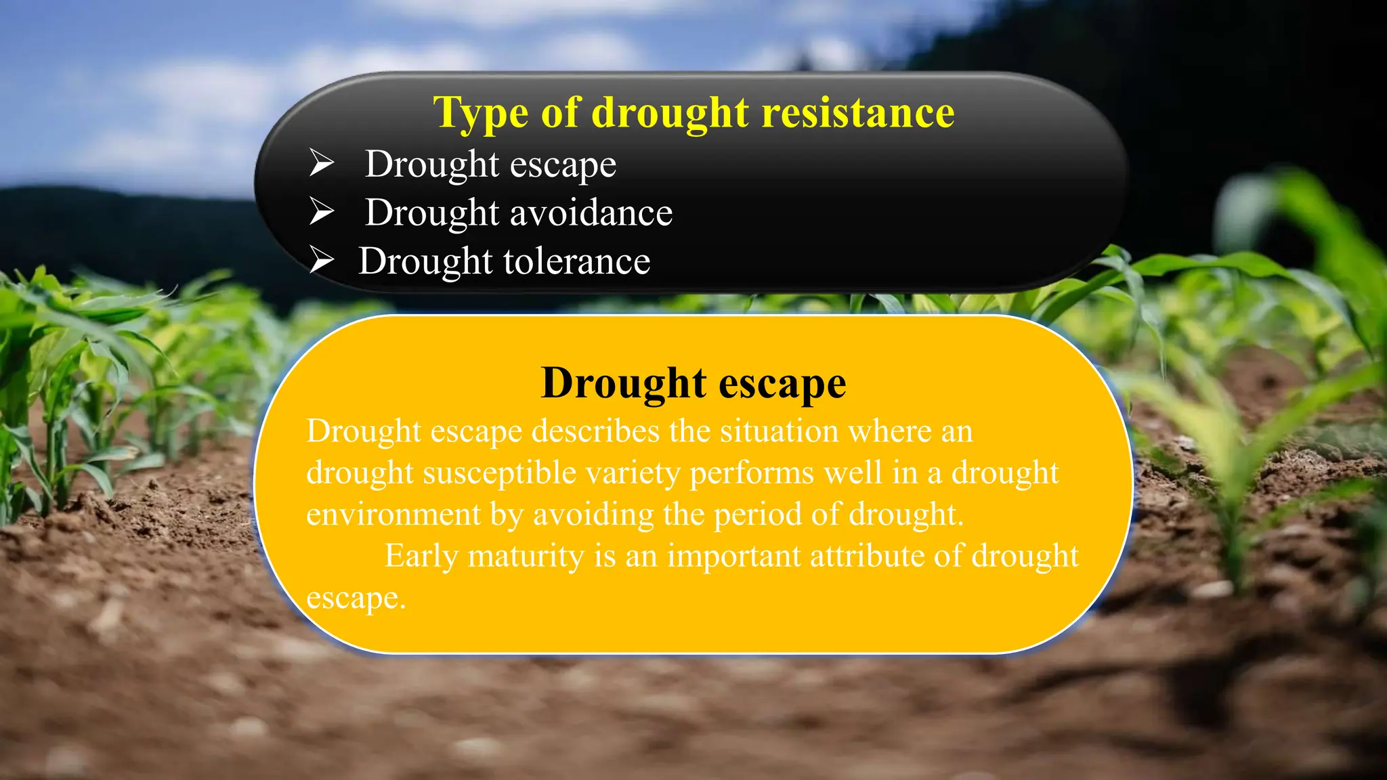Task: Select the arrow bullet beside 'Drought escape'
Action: (322, 163)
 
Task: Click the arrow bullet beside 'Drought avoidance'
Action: (322, 212)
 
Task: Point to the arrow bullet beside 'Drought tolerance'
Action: (322, 260)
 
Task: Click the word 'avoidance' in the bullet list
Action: (591, 213)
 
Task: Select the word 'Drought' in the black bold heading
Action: (624, 383)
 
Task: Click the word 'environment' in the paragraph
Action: (393, 514)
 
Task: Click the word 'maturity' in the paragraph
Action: (526, 557)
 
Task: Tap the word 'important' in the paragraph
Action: (734, 557)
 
